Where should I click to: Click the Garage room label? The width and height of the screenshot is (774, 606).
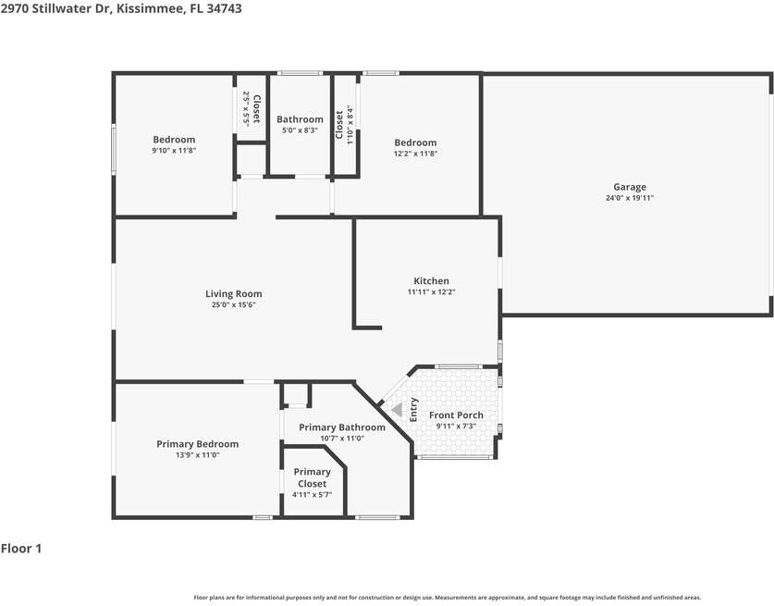coord(630,187)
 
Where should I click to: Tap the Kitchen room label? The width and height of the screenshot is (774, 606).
coord(431,281)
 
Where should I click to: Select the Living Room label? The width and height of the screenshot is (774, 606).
coord(233,294)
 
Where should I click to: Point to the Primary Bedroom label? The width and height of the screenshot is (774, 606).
coord(197,444)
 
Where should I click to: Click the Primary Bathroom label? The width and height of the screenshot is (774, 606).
coord(342,427)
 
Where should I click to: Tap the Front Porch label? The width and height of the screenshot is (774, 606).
coord(456,415)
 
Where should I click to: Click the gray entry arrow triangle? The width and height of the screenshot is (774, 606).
coord(397,409)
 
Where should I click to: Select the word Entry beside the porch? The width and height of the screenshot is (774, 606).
coord(413,409)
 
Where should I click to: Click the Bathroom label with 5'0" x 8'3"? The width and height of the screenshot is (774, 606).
coord(300,119)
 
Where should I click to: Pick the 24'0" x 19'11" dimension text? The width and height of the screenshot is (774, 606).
coord(630,198)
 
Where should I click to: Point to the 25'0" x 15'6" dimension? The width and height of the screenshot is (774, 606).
coord(233,304)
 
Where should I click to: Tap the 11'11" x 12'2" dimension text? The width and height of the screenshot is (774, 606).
coord(431,291)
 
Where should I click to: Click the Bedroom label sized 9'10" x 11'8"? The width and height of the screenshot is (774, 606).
coord(174,140)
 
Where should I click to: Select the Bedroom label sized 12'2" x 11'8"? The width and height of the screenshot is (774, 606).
coord(415,142)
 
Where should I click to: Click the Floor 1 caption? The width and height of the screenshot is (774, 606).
coord(21,549)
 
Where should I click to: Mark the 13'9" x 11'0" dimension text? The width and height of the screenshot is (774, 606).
coord(197,455)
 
